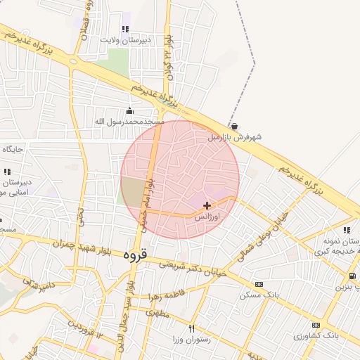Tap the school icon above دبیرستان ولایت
(x=125, y=29)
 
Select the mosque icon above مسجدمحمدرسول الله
(x=129, y=110)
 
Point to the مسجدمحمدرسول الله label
(x=129, y=122)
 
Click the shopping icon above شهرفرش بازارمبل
(x=233, y=126)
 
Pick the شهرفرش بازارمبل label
(x=233, y=137)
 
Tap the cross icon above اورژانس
(x=207, y=205)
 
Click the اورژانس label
(x=207, y=217)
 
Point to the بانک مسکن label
(x=259, y=295)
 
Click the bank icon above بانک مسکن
(x=259, y=284)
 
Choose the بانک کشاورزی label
(x=316, y=336)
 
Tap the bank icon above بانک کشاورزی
(x=316, y=325)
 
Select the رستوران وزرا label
(x=188, y=340)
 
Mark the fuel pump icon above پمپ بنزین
(x=352, y=276)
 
